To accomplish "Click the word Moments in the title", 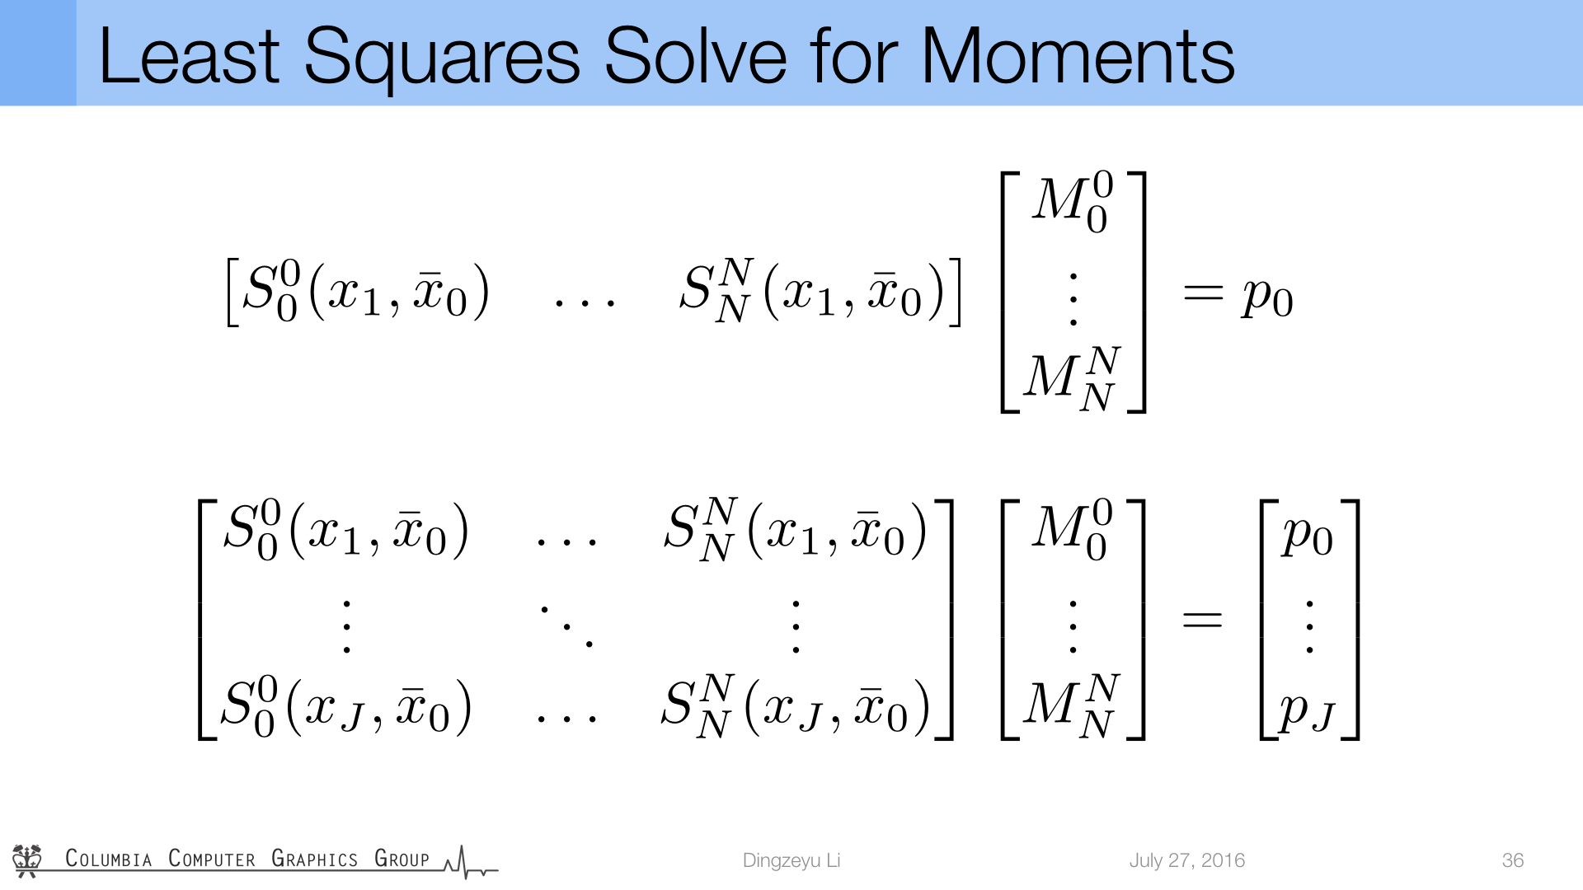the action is (1078, 55).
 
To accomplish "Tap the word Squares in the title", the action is (442, 58).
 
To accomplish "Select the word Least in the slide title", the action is (189, 55).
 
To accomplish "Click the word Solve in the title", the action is (695, 55).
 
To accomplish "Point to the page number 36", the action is (1513, 860).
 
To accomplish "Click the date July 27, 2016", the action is (1187, 860).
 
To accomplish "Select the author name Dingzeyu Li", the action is (791, 860).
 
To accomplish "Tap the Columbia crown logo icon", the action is (27, 860).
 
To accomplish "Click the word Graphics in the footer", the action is (314, 859).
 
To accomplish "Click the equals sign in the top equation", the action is (1203, 293).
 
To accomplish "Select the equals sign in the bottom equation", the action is (1202, 619).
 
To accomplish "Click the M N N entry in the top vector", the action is (1072, 378).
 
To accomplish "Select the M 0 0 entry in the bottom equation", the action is (1072, 528).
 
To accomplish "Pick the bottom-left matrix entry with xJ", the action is (346, 707).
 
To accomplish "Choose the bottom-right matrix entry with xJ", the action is (796, 707).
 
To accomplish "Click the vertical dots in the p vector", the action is (1309, 627).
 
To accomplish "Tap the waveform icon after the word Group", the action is (471, 862).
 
